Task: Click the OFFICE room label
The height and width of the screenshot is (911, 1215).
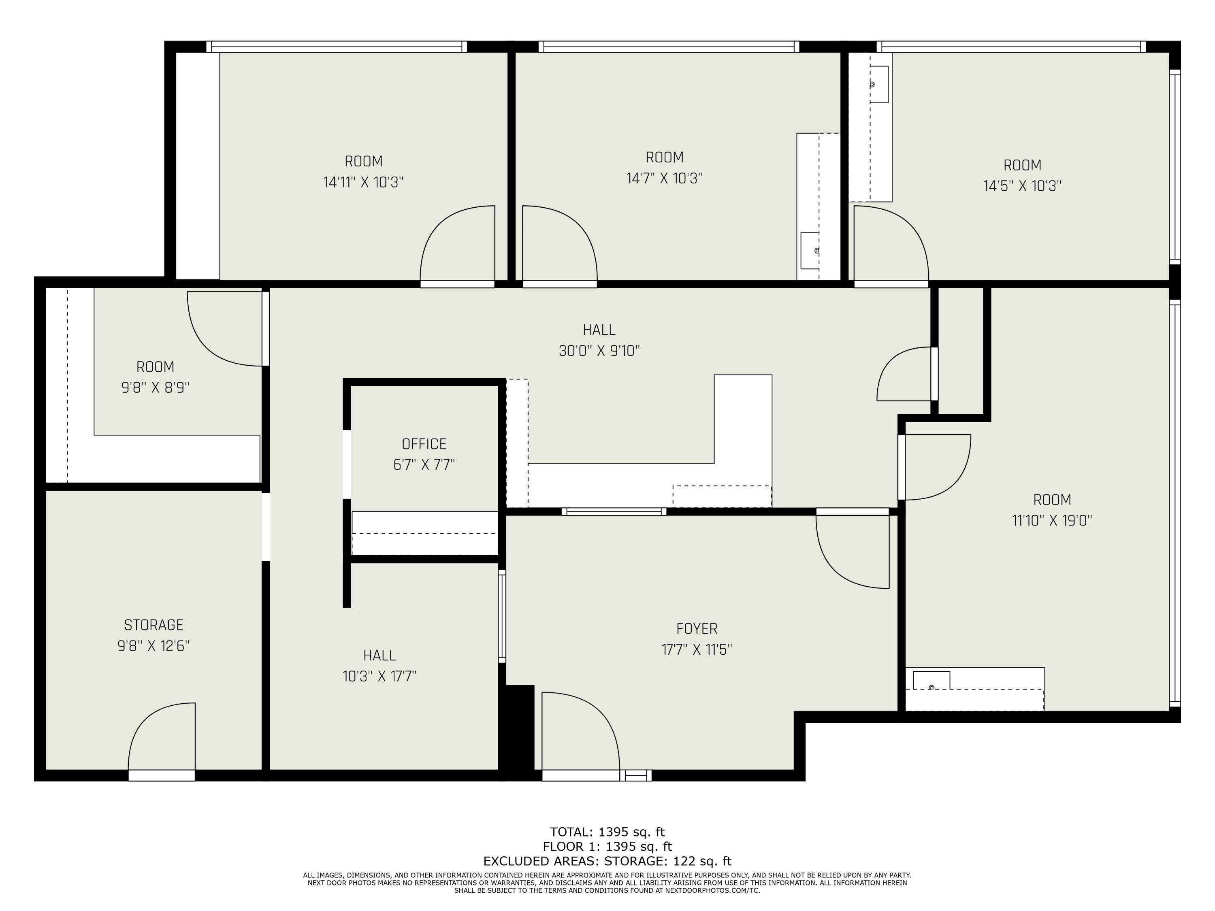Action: click(x=424, y=444)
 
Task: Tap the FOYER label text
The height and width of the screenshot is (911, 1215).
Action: click(x=697, y=628)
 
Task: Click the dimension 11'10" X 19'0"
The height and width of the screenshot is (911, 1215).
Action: click(x=1051, y=520)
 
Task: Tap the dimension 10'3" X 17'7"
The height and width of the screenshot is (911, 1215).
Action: click(x=379, y=676)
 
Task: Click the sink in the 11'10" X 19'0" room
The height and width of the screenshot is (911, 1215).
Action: click(x=931, y=681)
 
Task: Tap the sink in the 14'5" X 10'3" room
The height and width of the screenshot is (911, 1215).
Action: click(x=878, y=84)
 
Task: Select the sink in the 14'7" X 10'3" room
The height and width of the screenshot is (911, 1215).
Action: click(x=810, y=250)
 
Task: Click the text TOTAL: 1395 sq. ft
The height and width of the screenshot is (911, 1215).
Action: click(x=607, y=832)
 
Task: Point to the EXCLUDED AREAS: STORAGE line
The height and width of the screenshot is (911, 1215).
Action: click(x=607, y=861)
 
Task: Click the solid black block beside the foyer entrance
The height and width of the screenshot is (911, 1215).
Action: click(x=518, y=730)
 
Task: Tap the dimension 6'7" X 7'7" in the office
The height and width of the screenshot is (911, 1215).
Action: click(x=424, y=464)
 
